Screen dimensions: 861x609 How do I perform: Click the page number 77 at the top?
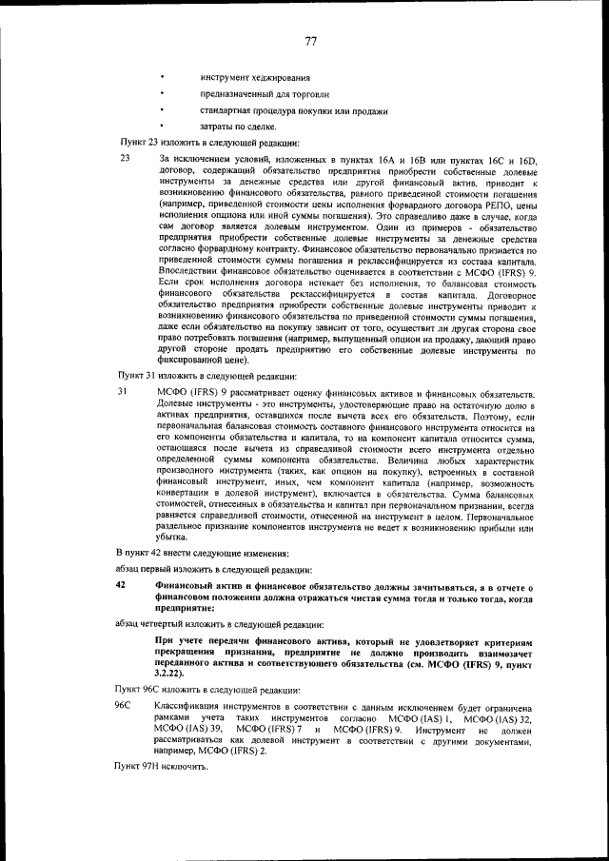310,41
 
